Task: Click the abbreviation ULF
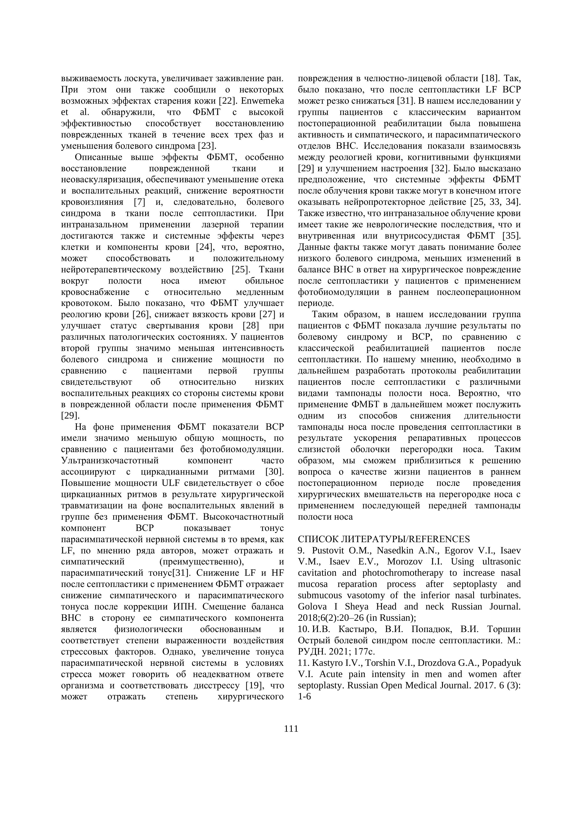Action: click(x=173, y=483)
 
